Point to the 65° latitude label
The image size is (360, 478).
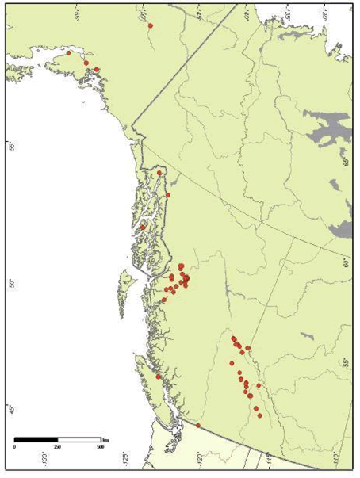(x=346, y=161)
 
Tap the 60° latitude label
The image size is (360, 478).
(x=346, y=262)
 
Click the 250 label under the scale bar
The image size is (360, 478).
(x=56, y=447)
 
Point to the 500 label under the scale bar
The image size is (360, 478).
(x=100, y=447)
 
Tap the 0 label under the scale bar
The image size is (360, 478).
(x=15, y=447)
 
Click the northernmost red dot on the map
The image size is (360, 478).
(x=150, y=25)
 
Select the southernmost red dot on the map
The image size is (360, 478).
(x=198, y=426)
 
